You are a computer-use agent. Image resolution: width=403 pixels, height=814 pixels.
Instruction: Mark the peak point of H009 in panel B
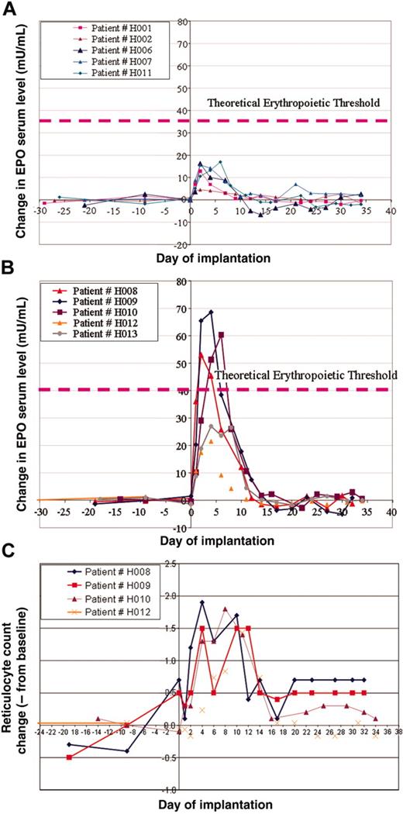(x=211, y=312)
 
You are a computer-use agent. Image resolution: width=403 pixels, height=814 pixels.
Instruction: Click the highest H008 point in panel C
(x=202, y=602)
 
